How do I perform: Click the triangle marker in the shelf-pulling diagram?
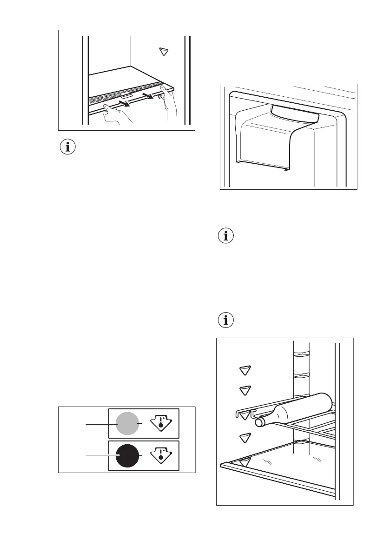click(163, 52)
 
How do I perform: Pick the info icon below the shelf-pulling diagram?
click(68, 147)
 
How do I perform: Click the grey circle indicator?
click(126, 424)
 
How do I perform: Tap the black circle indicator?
click(126, 455)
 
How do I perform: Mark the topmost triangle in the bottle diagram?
click(245, 370)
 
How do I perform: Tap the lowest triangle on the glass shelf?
click(245, 462)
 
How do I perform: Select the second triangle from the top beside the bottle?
click(245, 390)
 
